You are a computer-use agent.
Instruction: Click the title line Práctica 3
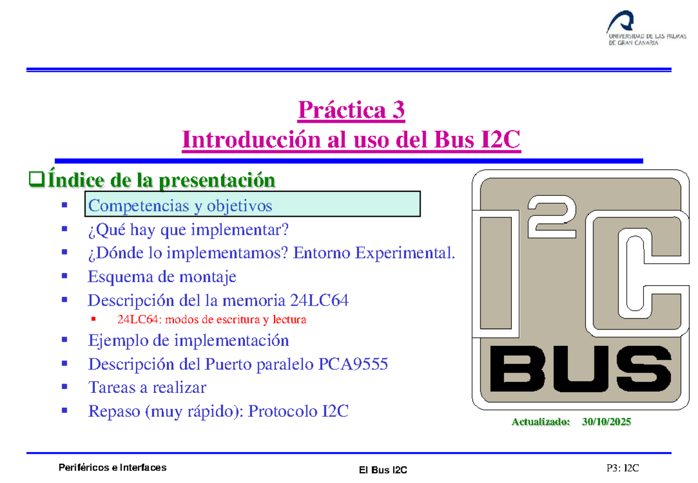351,110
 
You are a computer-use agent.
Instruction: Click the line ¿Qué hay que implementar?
187,231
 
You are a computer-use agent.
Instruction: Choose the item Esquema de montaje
162,277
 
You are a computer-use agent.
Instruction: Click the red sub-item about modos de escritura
211,320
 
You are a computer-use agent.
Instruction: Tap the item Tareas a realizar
147,387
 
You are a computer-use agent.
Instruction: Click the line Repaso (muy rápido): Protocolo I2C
218,412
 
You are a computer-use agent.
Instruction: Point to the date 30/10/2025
606,422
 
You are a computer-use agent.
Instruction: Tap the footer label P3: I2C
623,468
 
